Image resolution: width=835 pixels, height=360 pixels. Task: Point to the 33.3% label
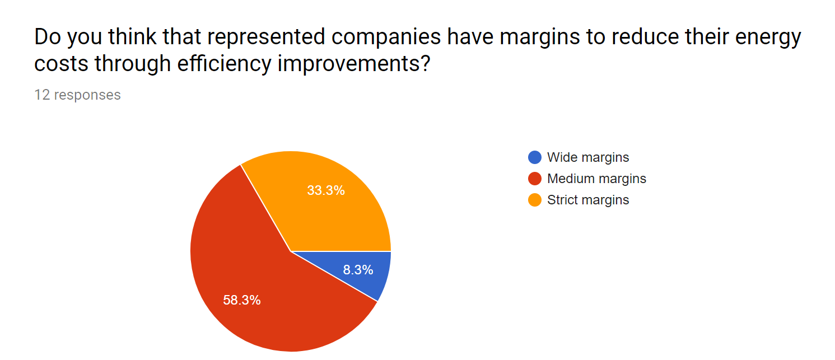pyautogui.click(x=326, y=190)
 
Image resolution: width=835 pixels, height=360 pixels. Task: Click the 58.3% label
pyautogui.click(x=242, y=300)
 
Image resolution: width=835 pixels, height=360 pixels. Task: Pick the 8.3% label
pyautogui.click(x=358, y=270)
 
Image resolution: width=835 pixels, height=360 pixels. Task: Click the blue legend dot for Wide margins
pyautogui.click(x=535, y=158)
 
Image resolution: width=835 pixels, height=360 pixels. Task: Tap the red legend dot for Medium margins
pyautogui.click(x=535, y=179)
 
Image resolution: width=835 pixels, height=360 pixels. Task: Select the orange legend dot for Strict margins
pyautogui.click(x=535, y=200)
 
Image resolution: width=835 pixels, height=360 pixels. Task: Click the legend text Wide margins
pyautogui.click(x=588, y=158)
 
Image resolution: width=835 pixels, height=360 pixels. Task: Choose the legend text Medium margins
pyautogui.click(x=596, y=179)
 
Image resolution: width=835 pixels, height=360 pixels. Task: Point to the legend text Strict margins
pyautogui.click(x=588, y=200)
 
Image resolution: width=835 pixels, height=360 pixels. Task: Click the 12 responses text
pyautogui.click(x=77, y=95)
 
